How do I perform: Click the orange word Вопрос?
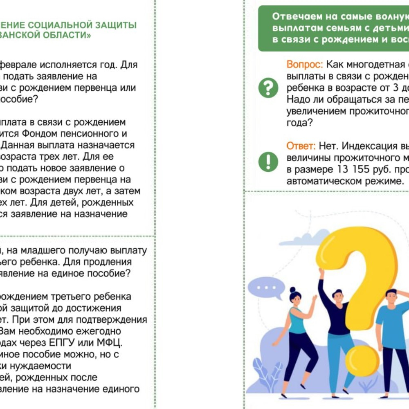pos(305,65)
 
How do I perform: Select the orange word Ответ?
pos(301,146)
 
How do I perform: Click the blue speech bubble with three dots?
pos(265,288)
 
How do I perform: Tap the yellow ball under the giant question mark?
pos(362,361)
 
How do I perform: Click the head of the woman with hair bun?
pos(295,295)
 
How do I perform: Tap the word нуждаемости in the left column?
pos(49,365)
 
